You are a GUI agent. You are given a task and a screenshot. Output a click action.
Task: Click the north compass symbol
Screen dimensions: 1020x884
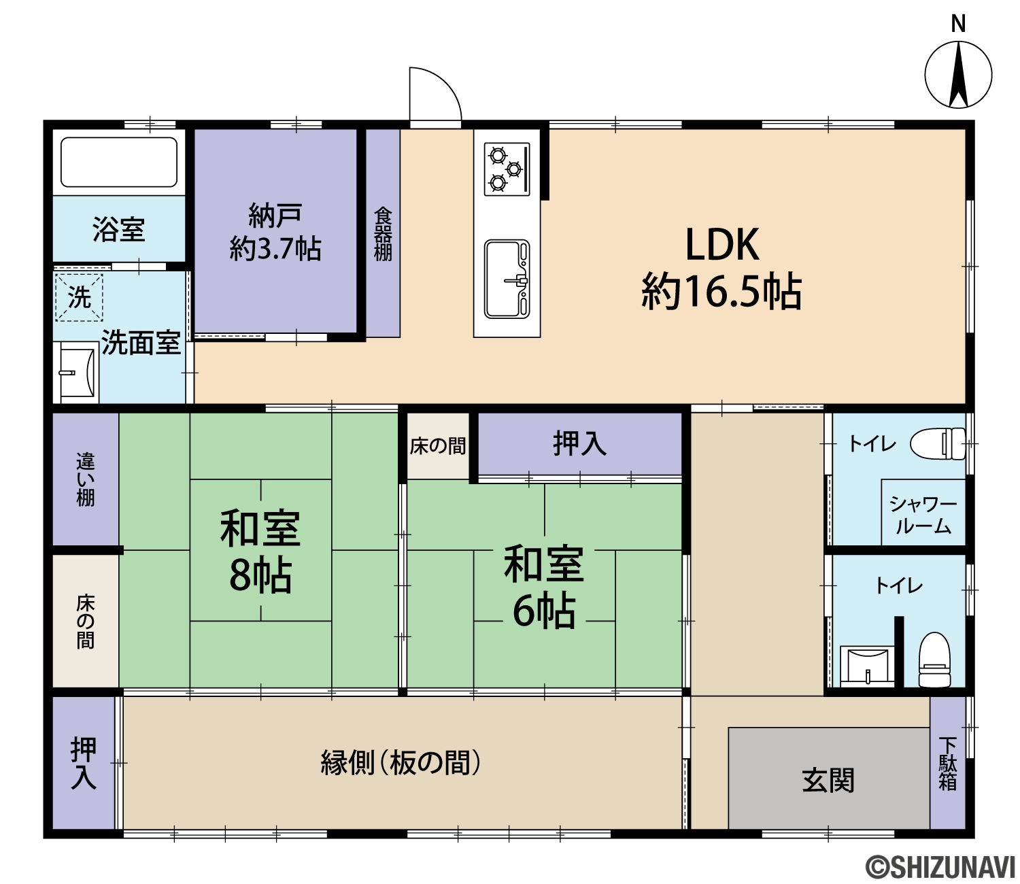coord(958,74)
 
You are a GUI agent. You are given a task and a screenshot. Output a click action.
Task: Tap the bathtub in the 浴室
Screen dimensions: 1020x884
coord(119,163)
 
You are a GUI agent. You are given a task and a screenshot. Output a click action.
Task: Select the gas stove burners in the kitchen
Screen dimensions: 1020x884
coord(507,169)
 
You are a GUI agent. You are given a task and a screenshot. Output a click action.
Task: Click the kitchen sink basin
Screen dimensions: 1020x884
coord(507,279)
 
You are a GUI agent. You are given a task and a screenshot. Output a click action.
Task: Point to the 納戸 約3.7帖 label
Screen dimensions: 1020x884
coord(275,232)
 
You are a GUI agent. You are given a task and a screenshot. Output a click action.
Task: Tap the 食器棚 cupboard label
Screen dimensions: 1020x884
coord(383,234)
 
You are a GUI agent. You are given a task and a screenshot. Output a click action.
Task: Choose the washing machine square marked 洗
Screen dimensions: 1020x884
coord(79,297)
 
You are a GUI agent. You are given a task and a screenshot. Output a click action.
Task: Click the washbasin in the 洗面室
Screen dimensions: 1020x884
coord(77,373)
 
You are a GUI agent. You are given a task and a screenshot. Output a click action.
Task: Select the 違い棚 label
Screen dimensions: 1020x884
coord(86,479)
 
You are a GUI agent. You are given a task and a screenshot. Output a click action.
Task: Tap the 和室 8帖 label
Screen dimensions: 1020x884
coord(260,551)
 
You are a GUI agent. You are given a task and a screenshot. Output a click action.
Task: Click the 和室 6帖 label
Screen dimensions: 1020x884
coord(544,586)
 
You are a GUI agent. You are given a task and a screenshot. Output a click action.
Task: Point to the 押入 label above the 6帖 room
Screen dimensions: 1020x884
coord(580,443)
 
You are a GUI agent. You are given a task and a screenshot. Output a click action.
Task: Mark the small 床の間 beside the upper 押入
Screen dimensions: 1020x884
coord(438,445)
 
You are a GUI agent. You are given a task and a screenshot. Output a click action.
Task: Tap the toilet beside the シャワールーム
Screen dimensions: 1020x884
coord(938,444)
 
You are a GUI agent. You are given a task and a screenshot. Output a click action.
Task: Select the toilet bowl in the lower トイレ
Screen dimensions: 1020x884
coord(934,660)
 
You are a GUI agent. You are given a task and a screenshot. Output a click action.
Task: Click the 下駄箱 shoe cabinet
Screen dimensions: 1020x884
coord(947,762)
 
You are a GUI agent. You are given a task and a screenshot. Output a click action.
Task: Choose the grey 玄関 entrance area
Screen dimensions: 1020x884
coord(829,779)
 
